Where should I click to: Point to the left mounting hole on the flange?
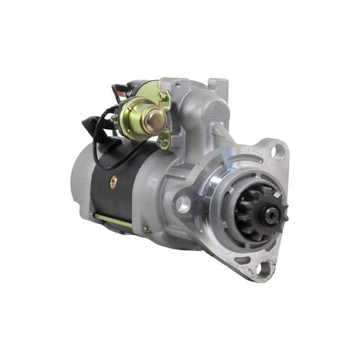click(182, 203)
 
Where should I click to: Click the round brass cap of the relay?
click(154, 118)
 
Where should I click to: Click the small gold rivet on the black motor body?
click(112, 182)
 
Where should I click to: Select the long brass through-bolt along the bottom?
click(112, 220)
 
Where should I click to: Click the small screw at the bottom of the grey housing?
click(147, 230)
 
